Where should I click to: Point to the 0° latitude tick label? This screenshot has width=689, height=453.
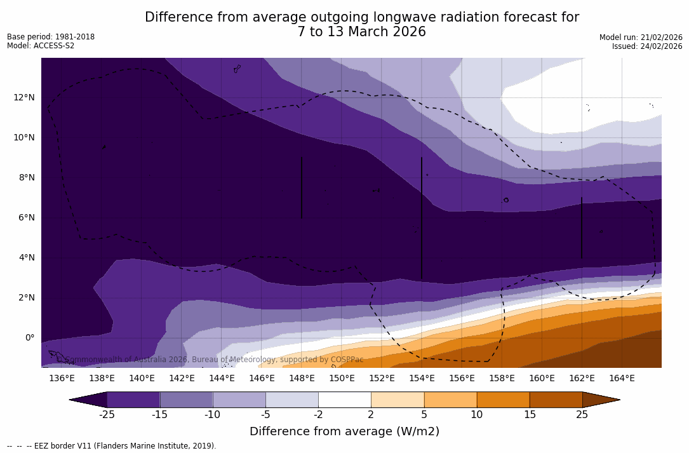click(x=29, y=337)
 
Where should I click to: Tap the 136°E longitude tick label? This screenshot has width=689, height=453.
click(x=62, y=379)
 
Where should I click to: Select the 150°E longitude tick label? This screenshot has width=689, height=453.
click(x=342, y=379)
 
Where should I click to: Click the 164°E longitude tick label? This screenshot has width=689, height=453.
click(x=622, y=379)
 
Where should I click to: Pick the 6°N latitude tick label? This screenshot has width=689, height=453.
click(x=25, y=217)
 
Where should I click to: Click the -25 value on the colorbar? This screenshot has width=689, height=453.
click(x=107, y=415)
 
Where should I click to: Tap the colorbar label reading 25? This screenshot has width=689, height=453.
click(x=582, y=415)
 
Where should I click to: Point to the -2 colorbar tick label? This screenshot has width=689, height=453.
click(x=318, y=415)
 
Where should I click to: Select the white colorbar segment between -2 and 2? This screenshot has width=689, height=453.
click(x=344, y=400)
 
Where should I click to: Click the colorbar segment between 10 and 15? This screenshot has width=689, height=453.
click(x=503, y=400)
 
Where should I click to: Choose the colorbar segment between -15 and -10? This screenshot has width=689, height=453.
click(x=186, y=400)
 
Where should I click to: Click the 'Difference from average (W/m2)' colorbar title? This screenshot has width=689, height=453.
click(x=344, y=432)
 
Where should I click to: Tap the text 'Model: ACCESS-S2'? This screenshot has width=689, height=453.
click(x=41, y=46)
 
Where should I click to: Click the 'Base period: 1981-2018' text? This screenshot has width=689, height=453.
click(x=51, y=37)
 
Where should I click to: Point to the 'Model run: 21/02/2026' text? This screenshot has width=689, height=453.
click(x=641, y=37)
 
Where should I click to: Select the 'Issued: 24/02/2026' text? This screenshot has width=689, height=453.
click(x=647, y=46)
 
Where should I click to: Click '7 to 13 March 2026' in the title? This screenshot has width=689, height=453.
click(x=361, y=32)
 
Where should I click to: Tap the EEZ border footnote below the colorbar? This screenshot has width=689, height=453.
click(x=112, y=446)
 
